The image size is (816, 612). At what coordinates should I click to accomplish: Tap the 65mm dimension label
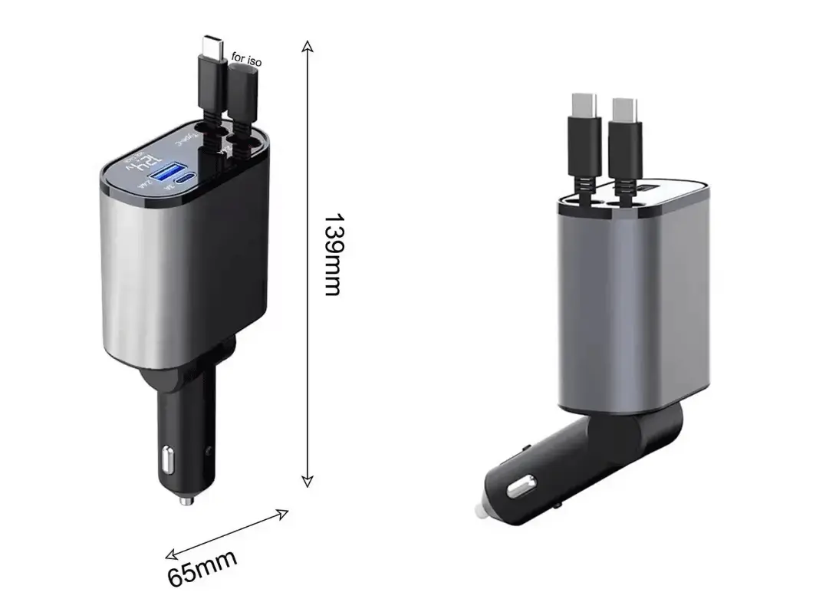(x=202, y=567)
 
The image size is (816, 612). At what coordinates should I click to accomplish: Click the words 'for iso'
(x=246, y=58)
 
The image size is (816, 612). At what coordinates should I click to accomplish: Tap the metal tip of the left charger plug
(x=185, y=500)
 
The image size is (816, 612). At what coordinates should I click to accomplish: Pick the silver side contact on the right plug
(x=524, y=486)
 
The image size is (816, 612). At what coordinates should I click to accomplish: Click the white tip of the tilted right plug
(x=479, y=510)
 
